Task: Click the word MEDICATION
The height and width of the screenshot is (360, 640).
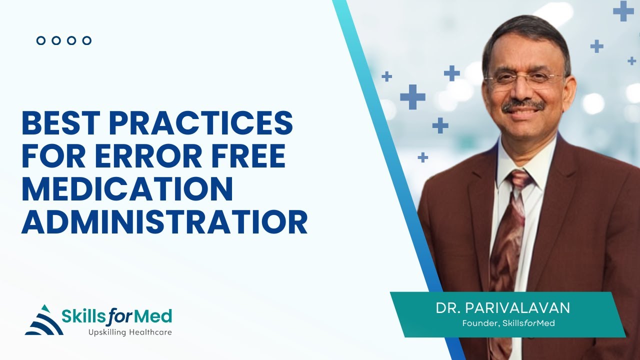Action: [127, 189]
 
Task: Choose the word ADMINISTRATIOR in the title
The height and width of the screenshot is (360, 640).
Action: [164, 222]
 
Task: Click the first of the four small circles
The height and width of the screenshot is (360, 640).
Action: [41, 40]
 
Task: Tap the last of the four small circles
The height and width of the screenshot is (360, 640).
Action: [86, 40]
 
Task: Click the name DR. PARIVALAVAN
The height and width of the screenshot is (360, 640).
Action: [502, 307]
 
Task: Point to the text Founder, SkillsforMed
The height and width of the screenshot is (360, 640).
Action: [508, 323]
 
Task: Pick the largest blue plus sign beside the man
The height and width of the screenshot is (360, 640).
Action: [412, 96]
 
